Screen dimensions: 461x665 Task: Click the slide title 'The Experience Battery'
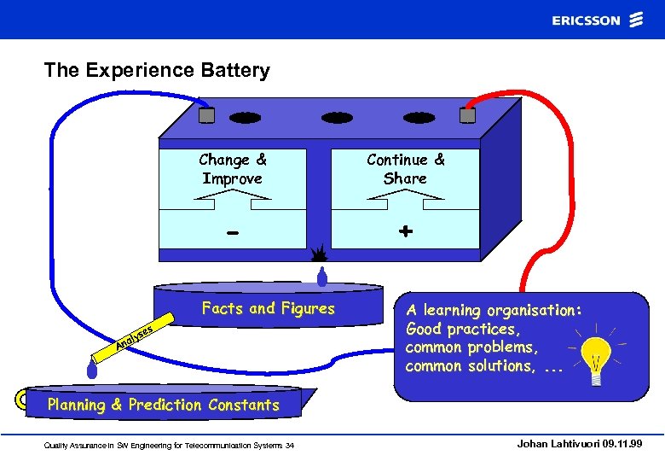[x=157, y=70]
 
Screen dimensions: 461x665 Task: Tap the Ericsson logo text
[x=586, y=20]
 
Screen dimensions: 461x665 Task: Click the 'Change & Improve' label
[x=232, y=169]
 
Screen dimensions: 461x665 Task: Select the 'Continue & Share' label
[x=405, y=169]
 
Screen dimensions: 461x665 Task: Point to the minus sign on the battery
[x=233, y=232]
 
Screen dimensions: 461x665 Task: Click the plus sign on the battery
[x=406, y=230]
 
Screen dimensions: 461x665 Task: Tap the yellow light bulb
[x=595, y=356]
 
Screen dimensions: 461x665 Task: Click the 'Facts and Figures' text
[x=268, y=308]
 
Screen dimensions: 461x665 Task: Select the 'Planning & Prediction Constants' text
[x=163, y=405]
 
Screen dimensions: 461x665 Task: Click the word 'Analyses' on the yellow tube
[x=136, y=336]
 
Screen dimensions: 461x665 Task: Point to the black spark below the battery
[x=320, y=254]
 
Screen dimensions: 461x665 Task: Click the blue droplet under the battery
[x=322, y=276]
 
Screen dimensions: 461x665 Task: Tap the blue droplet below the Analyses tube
[x=91, y=368]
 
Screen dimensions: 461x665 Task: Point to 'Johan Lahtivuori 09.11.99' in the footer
[x=579, y=444]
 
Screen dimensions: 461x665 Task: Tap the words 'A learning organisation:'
[x=494, y=310]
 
